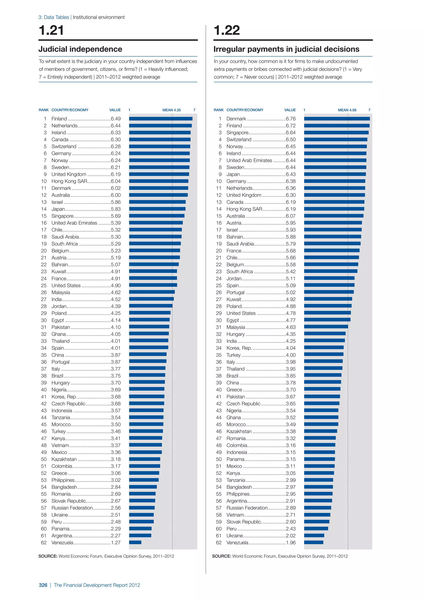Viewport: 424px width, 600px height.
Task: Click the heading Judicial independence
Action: tap(80, 49)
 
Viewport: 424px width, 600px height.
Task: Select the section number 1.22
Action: tap(227, 30)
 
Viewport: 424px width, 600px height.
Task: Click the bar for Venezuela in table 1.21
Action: tap(135, 543)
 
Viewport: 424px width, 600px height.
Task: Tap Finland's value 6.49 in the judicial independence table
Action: tap(116, 119)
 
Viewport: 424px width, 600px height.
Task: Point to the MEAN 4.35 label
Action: tap(172, 110)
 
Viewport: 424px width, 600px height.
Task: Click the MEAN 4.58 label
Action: tap(347, 110)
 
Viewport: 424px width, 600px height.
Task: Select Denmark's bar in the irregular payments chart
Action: tap(337, 119)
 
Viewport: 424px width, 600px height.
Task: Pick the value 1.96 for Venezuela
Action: tap(291, 543)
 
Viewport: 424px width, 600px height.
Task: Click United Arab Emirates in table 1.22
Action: tap(249, 160)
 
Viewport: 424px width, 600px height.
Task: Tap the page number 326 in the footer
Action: tap(43, 585)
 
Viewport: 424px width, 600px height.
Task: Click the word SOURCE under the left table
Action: tap(48, 556)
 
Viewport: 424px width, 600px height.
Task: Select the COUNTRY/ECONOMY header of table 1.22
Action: tap(245, 110)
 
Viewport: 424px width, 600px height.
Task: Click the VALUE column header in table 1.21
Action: tap(115, 110)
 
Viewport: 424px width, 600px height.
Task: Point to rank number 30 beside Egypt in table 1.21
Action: tap(44, 320)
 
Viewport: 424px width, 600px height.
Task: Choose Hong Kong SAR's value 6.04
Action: tap(116, 181)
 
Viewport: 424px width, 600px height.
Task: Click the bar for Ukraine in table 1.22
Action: tap(314, 535)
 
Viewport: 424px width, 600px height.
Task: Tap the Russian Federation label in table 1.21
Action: tap(72, 508)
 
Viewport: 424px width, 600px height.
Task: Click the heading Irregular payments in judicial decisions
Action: tap(286, 49)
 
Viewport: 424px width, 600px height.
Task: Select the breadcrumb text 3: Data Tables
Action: tap(54, 17)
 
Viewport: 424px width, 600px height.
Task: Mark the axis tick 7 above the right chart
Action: tap(369, 110)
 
